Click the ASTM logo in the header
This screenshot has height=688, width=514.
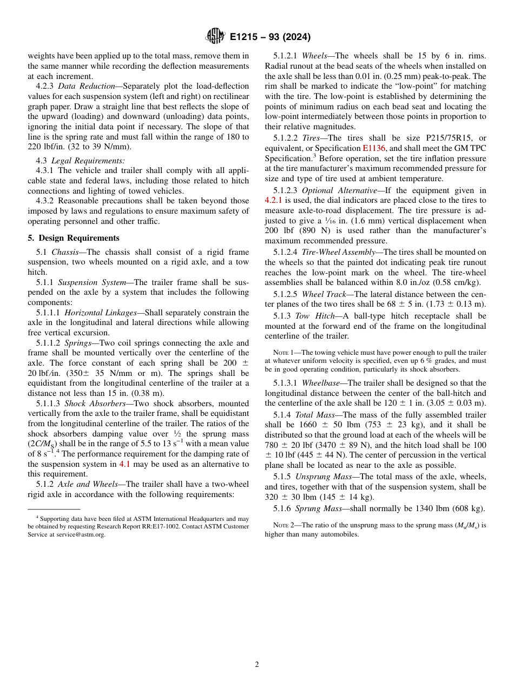pyautogui.click(x=216, y=37)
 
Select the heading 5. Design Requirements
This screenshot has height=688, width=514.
pyautogui.click(x=74, y=238)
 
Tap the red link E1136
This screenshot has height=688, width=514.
pyautogui.click(x=373, y=148)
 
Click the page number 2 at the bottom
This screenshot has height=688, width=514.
pyautogui.click(x=257, y=665)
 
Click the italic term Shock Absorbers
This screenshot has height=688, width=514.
pyautogui.click(x=95, y=403)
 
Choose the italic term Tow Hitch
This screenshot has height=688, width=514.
pyautogui.click(x=309, y=316)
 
